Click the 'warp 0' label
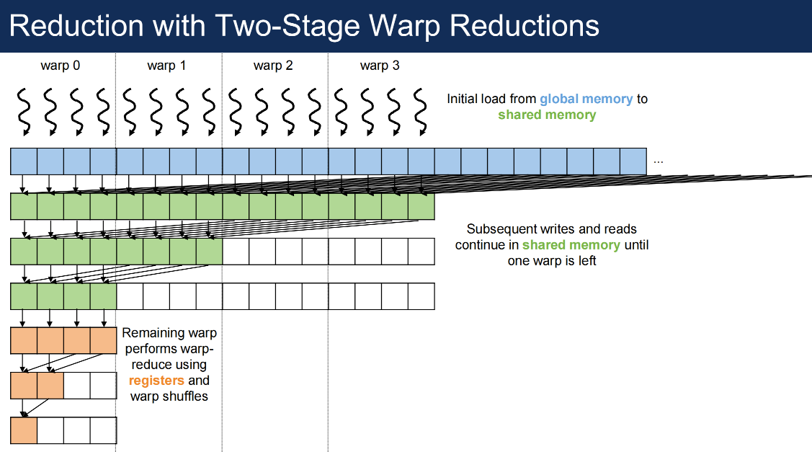(x=61, y=66)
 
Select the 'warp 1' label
(x=166, y=66)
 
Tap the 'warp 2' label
(x=273, y=66)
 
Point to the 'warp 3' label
(x=380, y=66)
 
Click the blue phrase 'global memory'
(x=586, y=99)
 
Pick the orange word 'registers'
(x=156, y=381)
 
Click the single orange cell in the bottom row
(x=24, y=430)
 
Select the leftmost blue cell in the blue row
(x=24, y=161)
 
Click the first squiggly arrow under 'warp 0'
(x=24, y=111)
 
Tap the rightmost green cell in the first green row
(x=421, y=207)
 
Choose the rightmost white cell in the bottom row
(x=103, y=430)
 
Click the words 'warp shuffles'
(x=169, y=396)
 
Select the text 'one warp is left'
(x=552, y=261)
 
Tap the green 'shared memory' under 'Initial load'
(x=547, y=115)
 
